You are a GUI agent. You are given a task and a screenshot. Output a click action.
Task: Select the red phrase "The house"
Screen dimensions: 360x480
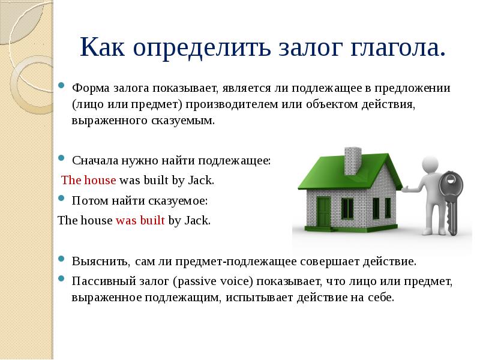click(x=89, y=179)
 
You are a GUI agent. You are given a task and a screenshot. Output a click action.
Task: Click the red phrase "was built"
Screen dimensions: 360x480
click(x=140, y=220)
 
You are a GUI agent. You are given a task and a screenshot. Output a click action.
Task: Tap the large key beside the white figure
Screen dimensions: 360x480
click(x=449, y=199)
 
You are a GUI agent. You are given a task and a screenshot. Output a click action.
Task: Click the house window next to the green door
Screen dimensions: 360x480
click(x=347, y=207)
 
